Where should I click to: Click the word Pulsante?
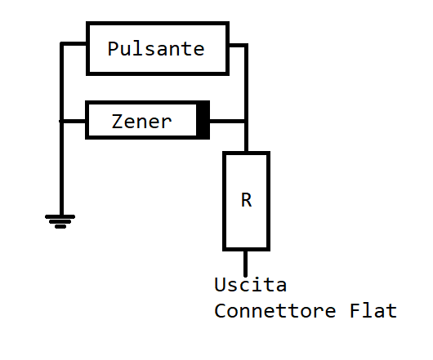(x=156, y=49)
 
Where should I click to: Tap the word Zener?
(x=141, y=122)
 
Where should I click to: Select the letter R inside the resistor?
(x=247, y=200)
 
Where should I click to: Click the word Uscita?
(x=251, y=284)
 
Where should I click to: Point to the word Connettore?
(x=275, y=311)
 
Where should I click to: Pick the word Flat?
(x=373, y=311)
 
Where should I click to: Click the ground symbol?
(x=60, y=221)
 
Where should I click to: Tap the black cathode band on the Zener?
(x=203, y=120)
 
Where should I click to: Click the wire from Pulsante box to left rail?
(x=74, y=43)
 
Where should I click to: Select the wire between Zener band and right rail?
(x=227, y=121)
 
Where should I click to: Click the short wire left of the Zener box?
(x=73, y=121)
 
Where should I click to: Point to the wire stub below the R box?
(x=245, y=264)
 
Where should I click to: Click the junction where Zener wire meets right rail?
(x=246, y=121)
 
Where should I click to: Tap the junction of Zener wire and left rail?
(x=61, y=121)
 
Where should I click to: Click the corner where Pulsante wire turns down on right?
(x=246, y=45)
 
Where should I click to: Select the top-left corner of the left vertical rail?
(x=61, y=43)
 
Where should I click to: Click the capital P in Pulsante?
(x=113, y=49)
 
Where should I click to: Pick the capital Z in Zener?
(x=116, y=122)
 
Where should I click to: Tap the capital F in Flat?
(x=355, y=311)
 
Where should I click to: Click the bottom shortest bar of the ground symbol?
(x=60, y=227)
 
